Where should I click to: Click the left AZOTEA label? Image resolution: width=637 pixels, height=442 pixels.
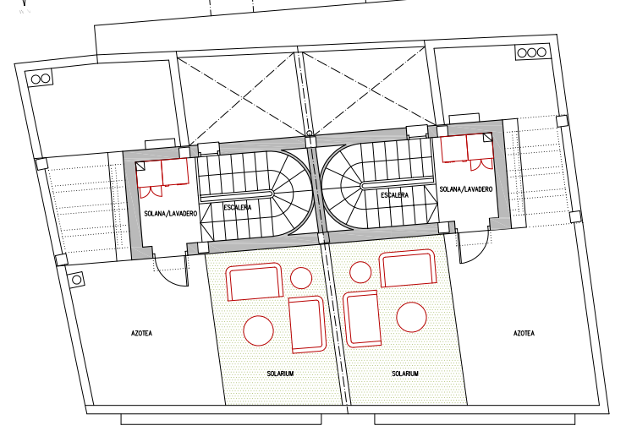[x=141, y=333]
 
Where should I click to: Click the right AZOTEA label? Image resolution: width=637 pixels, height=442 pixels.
[x=524, y=333]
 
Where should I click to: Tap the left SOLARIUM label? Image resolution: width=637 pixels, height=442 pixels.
[x=280, y=374]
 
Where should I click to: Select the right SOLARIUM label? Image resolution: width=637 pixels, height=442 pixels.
[x=405, y=374]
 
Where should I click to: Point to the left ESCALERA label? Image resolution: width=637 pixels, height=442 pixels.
[x=238, y=207]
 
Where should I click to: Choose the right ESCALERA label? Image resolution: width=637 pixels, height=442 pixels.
[x=394, y=195]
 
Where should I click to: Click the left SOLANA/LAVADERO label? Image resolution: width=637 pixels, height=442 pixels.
[x=171, y=214]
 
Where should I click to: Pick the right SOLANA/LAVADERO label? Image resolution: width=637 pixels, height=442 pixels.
[x=466, y=189]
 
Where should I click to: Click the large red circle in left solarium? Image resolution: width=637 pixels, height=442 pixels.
[x=258, y=330]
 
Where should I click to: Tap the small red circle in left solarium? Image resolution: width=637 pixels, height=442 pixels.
[x=301, y=278]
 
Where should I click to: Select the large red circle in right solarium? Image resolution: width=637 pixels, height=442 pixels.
[x=411, y=317]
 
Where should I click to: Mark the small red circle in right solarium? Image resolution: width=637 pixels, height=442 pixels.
[x=360, y=272]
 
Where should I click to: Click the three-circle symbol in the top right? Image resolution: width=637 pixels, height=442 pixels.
[x=532, y=52]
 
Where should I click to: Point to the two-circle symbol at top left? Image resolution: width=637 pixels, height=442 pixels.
[x=41, y=79]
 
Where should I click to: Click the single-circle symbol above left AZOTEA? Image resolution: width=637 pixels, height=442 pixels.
[x=76, y=280]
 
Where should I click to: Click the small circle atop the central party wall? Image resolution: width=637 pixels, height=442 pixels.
[x=310, y=134]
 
